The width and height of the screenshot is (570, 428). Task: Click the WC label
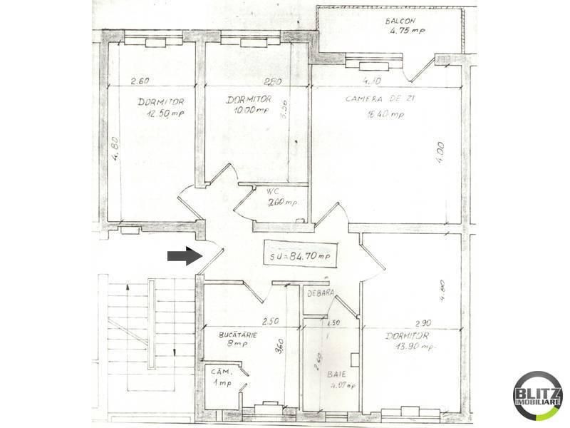271,191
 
